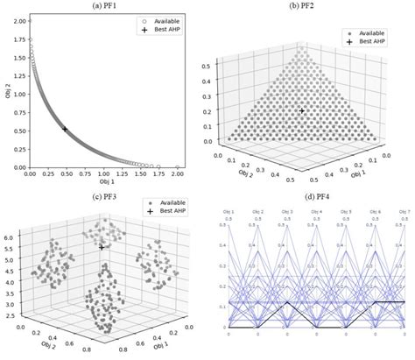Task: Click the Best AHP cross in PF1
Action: tap(64, 129)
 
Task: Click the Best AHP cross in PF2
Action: tap(302, 111)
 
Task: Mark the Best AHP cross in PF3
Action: tap(102, 248)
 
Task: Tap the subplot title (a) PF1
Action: tap(103, 6)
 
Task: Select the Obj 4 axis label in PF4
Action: tap(317, 214)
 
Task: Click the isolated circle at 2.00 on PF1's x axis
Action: tap(177, 166)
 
